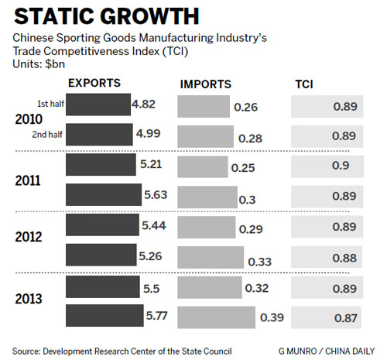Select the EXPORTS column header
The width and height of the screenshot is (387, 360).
(x=95, y=82)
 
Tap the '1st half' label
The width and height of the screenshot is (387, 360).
(x=51, y=104)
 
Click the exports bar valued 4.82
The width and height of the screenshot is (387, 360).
(x=98, y=104)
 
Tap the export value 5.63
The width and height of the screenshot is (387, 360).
(x=156, y=195)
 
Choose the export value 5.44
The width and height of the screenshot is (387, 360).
(x=152, y=226)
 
